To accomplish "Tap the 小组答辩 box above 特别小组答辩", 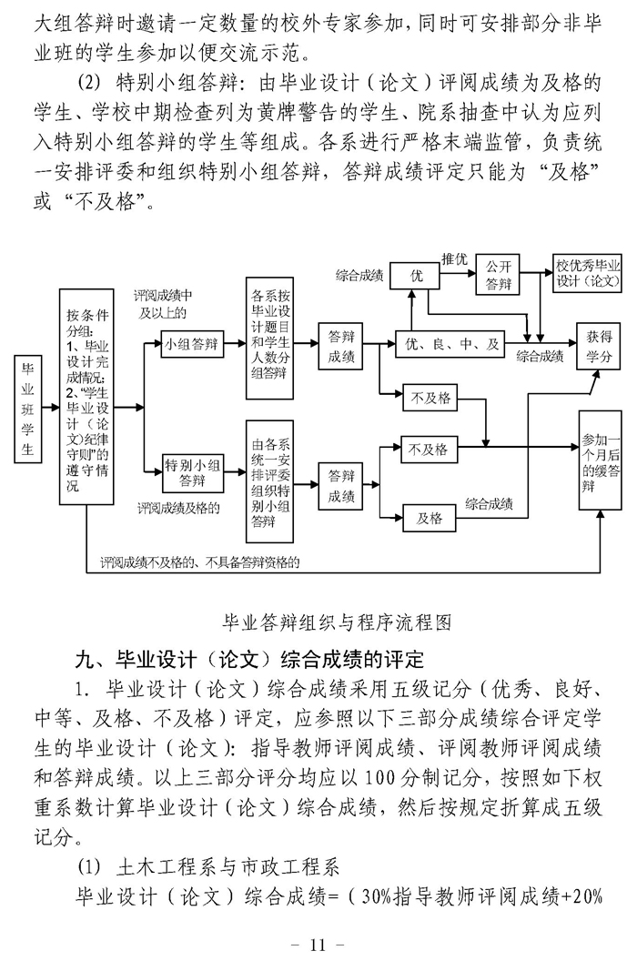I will click(192, 344).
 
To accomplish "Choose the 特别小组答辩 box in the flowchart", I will click(192, 472).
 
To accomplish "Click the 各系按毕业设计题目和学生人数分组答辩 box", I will click(271, 339).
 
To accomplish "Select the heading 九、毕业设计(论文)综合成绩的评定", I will click(249, 658).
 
